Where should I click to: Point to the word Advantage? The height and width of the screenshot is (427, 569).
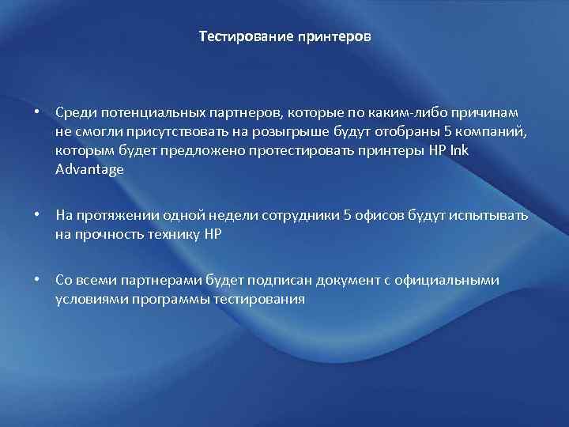pos(89,169)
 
